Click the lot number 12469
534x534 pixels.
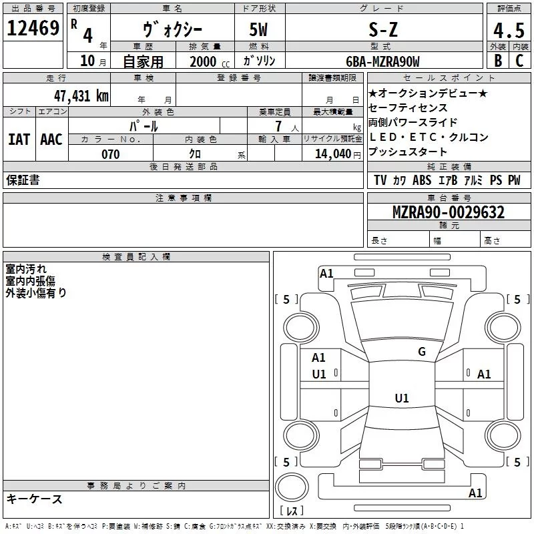click(x=33, y=29)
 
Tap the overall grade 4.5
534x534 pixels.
click(x=507, y=30)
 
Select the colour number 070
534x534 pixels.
click(x=111, y=154)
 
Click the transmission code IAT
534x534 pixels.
click(x=19, y=139)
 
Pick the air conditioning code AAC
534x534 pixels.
click(x=51, y=139)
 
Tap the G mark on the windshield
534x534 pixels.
click(x=421, y=352)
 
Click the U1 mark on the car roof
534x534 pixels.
click(x=401, y=398)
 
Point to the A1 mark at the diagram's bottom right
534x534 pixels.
click(x=475, y=493)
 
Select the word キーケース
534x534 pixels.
click(x=35, y=499)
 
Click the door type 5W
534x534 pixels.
click(x=260, y=29)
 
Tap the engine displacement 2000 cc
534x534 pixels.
click(x=204, y=62)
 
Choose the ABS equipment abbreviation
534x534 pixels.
click(x=421, y=180)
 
